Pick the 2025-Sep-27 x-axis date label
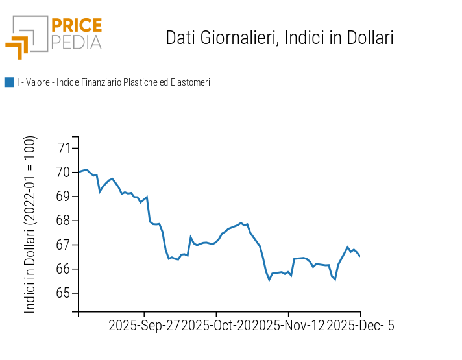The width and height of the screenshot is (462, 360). pos(144,326)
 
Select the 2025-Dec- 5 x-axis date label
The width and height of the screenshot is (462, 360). pos(360,326)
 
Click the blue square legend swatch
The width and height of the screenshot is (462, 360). pos(9,82)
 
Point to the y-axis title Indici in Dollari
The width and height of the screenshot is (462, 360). pos(30,224)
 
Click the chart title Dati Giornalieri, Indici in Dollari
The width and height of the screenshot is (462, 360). pos(280,38)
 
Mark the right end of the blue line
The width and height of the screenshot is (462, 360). pos(360,256)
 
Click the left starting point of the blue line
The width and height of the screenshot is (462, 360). pos(79,172)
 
